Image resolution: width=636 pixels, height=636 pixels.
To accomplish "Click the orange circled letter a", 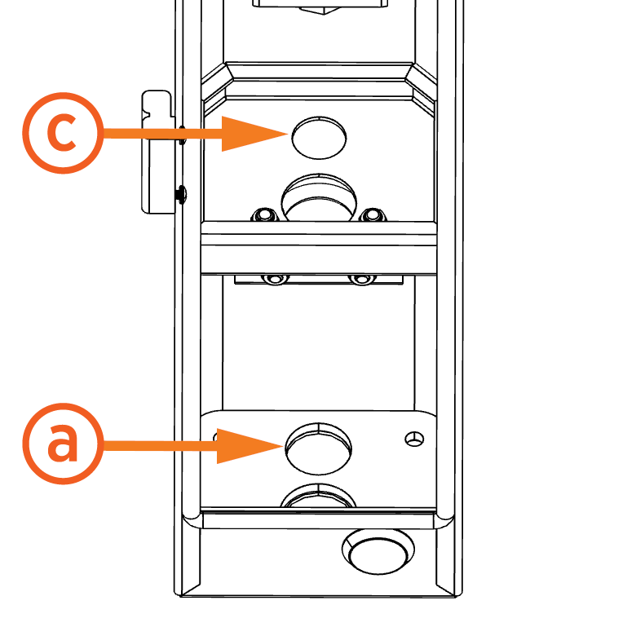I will pos(62,445).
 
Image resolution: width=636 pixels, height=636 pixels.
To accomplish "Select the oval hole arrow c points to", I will pos(319,136).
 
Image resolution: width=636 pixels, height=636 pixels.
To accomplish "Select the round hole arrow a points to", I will pos(319,448).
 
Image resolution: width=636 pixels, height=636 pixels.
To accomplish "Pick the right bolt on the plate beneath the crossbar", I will pos(360,279).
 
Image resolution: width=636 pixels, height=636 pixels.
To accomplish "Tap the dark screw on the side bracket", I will pos(179,194).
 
